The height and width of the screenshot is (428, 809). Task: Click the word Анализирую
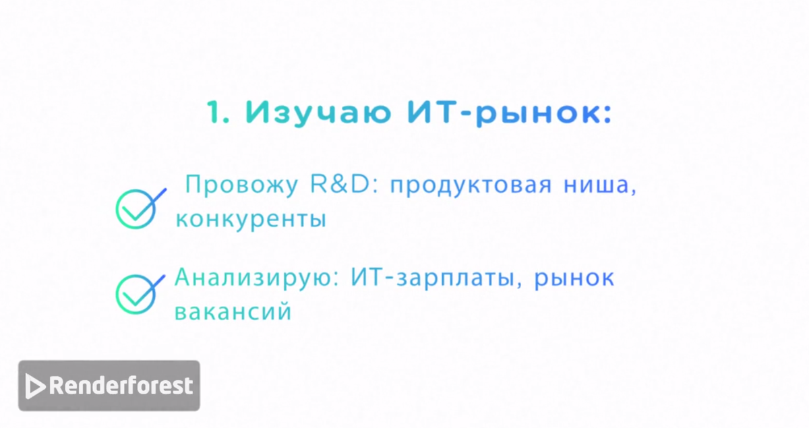(256, 278)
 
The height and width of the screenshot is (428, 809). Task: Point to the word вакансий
(233, 312)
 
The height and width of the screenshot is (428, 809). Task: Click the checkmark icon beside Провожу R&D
(138, 208)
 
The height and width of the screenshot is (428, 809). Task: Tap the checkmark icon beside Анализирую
(138, 293)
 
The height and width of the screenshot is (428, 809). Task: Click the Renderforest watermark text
(121, 386)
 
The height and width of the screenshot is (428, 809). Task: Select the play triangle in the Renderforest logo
(35, 386)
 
